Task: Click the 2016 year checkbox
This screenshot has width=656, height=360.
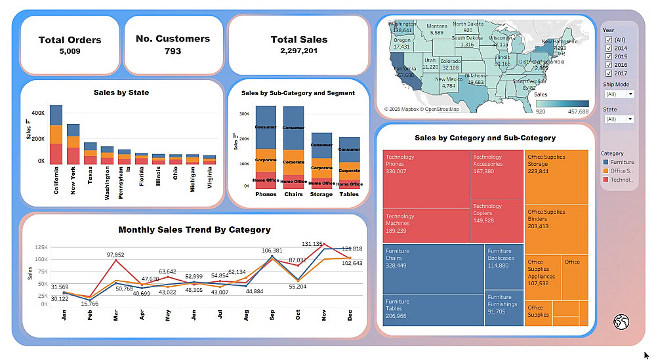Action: click(x=607, y=65)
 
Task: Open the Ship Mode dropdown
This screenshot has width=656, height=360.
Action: click(x=619, y=94)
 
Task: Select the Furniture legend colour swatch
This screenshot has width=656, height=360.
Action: click(x=605, y=162)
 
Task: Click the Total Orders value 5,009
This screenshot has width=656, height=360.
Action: click(x=70, y=50)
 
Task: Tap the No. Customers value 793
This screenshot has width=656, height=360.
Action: click(x=173, y=50)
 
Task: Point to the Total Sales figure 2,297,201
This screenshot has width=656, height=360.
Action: click(x=298, y=50)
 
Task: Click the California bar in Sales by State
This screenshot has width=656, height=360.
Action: click(x=56, y=134)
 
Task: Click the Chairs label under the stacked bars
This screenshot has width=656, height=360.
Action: click(x=293, y=194)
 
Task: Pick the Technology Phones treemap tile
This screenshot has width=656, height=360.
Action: click(x=426, y=179)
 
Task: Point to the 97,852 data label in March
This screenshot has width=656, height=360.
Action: click(x=115, y=254)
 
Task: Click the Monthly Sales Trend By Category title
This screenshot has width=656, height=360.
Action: click(x=194, y=230)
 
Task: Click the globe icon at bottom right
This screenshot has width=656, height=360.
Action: click(x=621, y=321)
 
